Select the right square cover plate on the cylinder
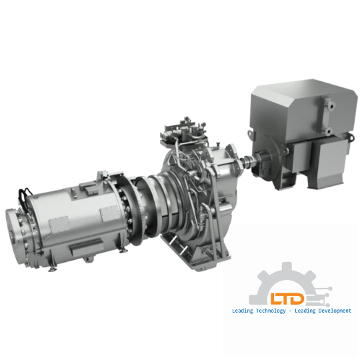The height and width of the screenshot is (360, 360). tap(108, 215)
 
